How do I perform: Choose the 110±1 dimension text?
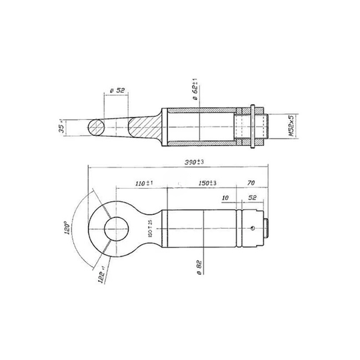click(144, 182)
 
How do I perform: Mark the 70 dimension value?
click(251, 182)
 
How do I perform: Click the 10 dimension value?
click(226, 198)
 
